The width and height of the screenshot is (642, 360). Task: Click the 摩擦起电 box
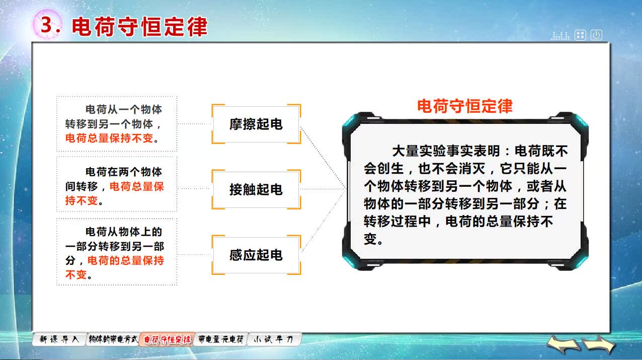coord(256,124)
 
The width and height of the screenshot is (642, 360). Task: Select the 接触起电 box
coord(256,189)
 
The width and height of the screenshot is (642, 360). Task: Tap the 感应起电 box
coord(256,255)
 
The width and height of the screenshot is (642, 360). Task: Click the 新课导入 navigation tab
coord(59,339)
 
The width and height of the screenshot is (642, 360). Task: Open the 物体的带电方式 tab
coord(113,339)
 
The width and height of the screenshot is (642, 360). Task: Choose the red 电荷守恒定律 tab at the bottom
coord(167,340)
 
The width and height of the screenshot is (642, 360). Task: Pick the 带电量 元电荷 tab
coord(221,339)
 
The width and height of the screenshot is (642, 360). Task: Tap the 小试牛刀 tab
coord(274,339)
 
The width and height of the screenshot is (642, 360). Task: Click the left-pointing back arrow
coord(563,345)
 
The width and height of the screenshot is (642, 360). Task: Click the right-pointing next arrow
coord(599,345)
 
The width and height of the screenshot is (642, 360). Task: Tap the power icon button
coord(596,35)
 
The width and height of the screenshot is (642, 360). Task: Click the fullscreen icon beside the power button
coord(581,35)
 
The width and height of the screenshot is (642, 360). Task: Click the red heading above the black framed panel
coord(464,106)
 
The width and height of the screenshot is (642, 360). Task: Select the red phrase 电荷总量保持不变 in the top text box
coord(109,138)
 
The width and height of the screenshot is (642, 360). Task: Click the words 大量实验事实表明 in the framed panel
coord(446,151)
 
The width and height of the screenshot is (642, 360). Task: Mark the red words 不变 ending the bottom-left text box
coord(76,275)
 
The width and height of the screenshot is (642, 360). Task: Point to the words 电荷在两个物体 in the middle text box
coord(124,172)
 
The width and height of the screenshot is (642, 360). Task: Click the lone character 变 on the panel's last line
coord(370,239)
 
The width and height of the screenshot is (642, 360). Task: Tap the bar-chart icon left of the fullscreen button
coord(560,36)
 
